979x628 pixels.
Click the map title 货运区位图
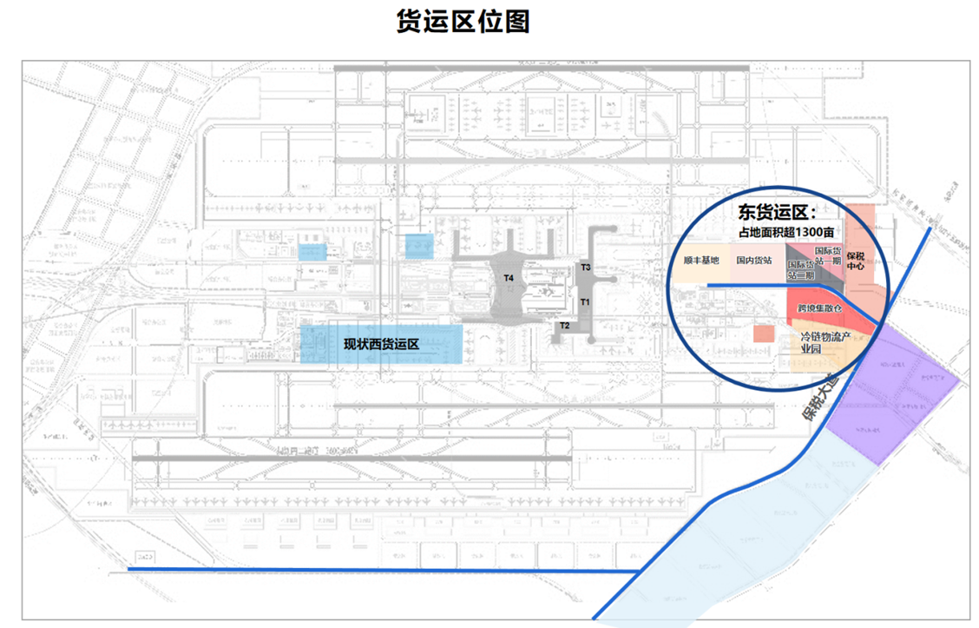click(x=462, y=23)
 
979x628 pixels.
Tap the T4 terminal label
click(x=509, y=278)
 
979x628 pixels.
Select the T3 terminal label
click(x=586, y=268)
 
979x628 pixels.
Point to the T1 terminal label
click(x=586, y=301)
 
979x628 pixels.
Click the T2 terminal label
click(x=565, y=326)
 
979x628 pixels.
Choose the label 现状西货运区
click(x=381, y=344)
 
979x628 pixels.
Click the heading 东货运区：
click(x=777, y=211)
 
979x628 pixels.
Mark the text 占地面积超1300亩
click(x=786, y=232)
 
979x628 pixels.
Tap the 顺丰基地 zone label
click(x=701, y=260)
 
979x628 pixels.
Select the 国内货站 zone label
click(x=754, y=260)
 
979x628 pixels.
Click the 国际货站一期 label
click(x=828, y=255)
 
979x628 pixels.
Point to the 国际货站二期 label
click(x=800, y=269)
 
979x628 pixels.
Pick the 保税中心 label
click(x=856, y=261)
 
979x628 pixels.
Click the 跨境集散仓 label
click(x=820, y=308)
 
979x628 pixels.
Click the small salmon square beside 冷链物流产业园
click(x=764, y=334)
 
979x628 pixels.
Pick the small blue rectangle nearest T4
click(x=419, y=245)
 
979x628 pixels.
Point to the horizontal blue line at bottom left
click(x=382, y=570)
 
